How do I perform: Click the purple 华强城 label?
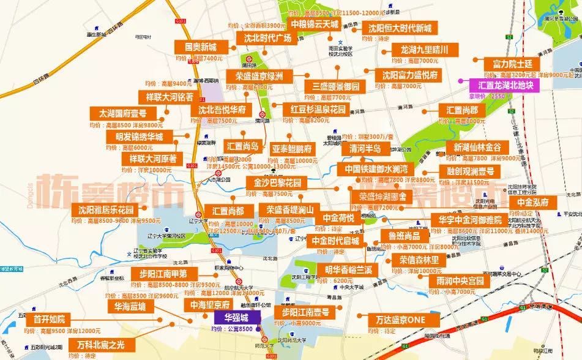click(236, 318)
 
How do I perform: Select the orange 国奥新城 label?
click(196, 47)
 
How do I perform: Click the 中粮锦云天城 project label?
click(314, 24)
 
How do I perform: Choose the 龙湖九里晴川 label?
click(424, 50)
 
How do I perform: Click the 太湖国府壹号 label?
click(122, 113)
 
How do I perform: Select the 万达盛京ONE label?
click(405, 320)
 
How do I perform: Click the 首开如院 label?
click(53, 319)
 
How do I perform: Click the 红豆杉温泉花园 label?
click(315, 110)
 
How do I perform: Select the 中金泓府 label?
click(535, 203)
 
